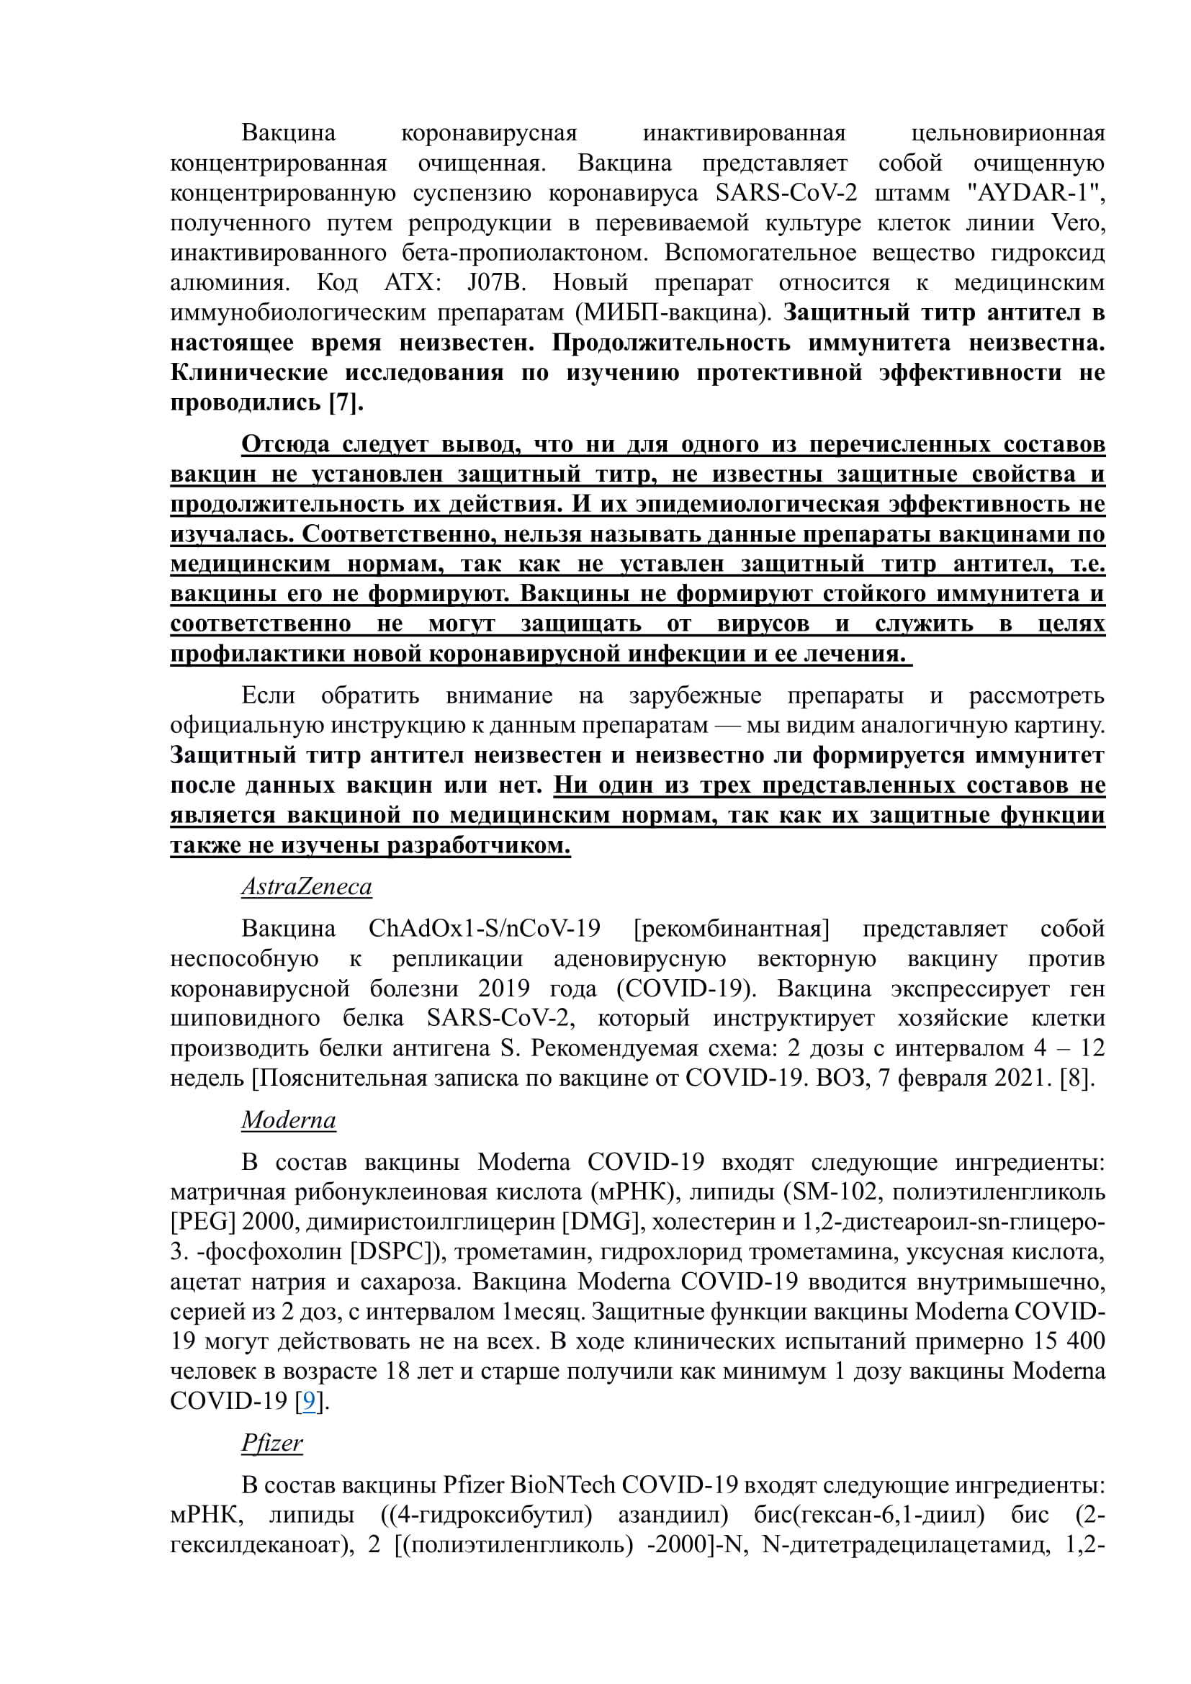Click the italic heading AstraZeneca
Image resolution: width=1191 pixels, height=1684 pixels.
pyautogui.click(x=307, y=887)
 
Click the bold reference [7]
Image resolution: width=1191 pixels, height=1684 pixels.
pyautogui.click(x=346, y=402)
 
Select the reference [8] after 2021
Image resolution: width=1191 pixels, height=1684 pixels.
pyautogui.click(x=1077, y=1079)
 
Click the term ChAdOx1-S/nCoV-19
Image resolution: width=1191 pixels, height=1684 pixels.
pyautogui.click(x=484, y=929)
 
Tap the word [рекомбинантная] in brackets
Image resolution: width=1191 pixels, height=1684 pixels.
pyautogui.click(x=731, y=929)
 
